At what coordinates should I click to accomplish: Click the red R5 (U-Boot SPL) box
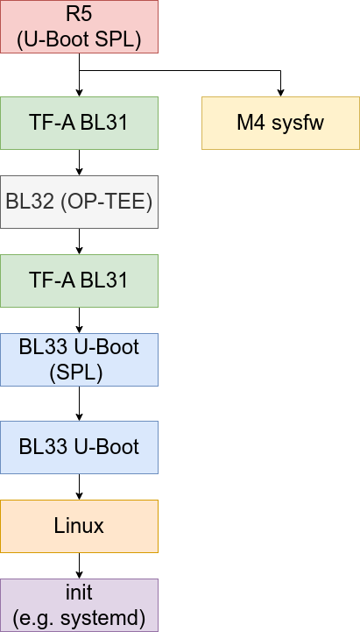coord(79,26)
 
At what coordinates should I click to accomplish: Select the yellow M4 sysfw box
coord(280,123)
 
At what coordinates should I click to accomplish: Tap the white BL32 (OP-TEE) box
coord(79,202)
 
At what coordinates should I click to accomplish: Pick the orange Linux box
coord(79,526)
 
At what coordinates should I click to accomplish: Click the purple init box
coord(79,605)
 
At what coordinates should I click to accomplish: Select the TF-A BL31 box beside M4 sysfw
coord(79,123)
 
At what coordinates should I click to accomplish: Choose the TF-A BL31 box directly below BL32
coord(79,280)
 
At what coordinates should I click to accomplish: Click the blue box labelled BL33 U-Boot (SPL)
coord(79,359)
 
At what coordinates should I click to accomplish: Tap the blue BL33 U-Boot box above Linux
coord(79,447)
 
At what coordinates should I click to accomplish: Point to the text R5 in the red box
coord(79,16)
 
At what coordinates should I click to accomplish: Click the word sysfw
coord(298,123)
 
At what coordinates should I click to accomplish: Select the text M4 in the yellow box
coord(252,123)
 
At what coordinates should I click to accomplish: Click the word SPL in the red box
coord(119,39)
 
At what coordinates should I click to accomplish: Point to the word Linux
coord(79,526)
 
